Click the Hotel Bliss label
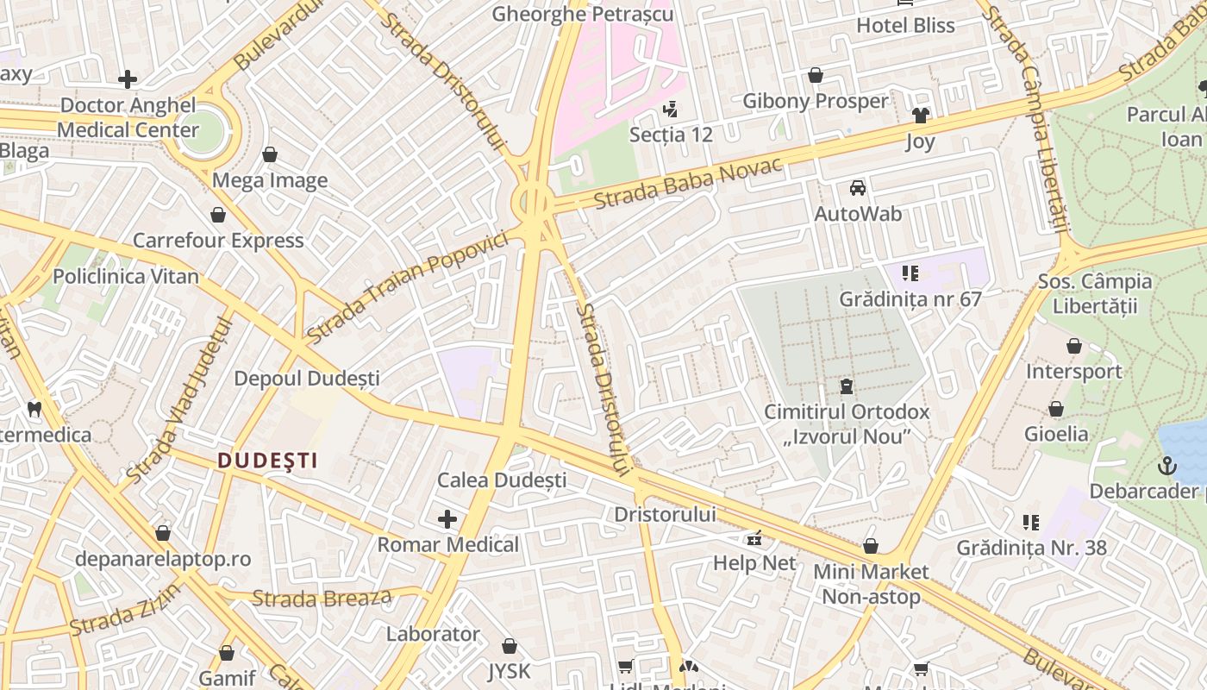(905, 26)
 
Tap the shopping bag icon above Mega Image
(270, 154)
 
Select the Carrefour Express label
(218, 241)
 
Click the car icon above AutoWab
(858, 188)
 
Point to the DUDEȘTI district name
(267, 461)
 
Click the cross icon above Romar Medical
(447, 518)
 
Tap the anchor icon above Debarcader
(1166, 467)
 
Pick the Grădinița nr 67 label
(910, 299)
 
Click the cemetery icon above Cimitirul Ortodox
(847, 386)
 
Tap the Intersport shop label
(1073, 372)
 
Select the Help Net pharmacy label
(754, 563)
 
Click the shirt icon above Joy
(921, 116)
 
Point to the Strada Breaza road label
(322, 598)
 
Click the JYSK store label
(509, 670)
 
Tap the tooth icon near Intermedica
(34, 409)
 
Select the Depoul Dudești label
(307, 379)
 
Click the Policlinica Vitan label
(126, 277)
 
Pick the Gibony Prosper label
(815, 101)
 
